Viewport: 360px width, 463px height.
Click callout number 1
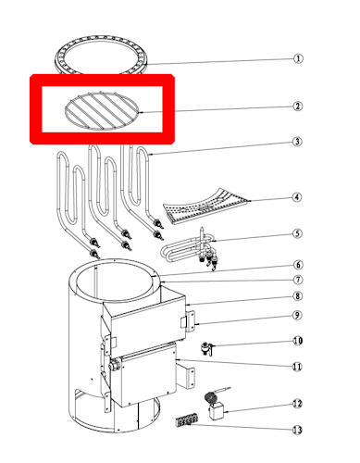tap(298, 58)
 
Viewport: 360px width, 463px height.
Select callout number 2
tap(297, 106)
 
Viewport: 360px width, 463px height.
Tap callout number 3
tap(297, 142)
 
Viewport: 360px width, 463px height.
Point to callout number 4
tap(297, 197)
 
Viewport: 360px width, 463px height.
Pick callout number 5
tap(297, 233)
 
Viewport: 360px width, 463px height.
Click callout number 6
tap(298, 265)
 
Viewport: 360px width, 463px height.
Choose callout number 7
tap(298, 280)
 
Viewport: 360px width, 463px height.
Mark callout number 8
tap(297, 296)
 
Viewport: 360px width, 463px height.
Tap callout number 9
tap(297, 315)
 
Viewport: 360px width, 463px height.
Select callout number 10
tap(298, 341)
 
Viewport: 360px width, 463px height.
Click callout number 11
tap(297, 367)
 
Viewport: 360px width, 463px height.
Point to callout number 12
tap(297, 404)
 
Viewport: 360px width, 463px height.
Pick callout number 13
tap(297, 430)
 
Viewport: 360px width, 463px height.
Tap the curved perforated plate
tap(206, 206)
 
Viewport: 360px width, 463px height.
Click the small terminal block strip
tap(186, 421)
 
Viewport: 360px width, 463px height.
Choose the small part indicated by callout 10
tap(206, 348)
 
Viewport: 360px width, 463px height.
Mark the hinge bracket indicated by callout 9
tap(189, 321)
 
